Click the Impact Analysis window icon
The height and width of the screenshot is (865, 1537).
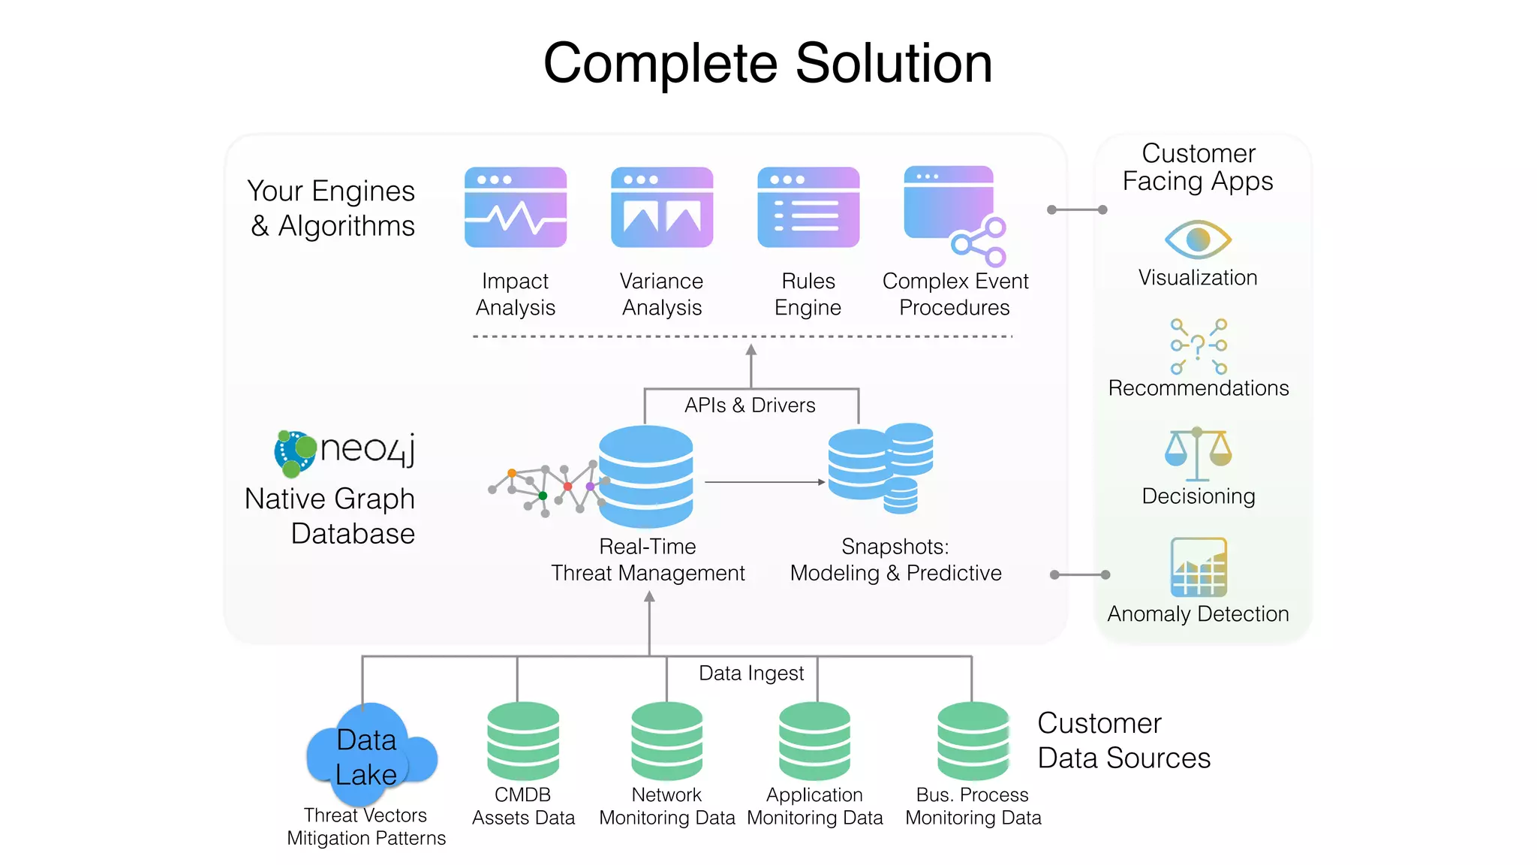516,208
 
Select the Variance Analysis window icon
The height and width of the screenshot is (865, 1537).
662,208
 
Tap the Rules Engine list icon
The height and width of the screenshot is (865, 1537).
808,208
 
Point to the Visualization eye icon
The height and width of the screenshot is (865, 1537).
1198,240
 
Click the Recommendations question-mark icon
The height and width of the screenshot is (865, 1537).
1199,346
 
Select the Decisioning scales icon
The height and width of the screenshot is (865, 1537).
1198,454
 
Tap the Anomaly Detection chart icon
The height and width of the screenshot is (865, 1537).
1199,567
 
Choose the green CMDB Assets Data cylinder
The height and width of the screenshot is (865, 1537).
523,742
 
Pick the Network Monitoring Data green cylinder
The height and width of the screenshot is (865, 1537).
666,742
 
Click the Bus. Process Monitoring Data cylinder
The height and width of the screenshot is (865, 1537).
973,742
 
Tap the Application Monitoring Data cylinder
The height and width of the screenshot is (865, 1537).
814,742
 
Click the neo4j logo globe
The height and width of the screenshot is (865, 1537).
295,453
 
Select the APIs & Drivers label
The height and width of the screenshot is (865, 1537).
749,405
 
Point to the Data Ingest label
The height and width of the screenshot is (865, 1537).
750,673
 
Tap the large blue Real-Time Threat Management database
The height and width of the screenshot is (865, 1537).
646,476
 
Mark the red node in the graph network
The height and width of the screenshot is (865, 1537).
568,487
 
